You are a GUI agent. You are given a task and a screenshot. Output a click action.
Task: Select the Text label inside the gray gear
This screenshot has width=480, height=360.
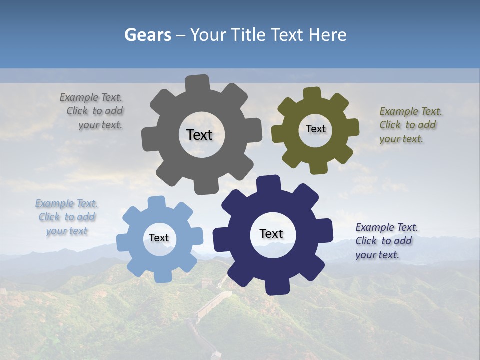pos(199,135)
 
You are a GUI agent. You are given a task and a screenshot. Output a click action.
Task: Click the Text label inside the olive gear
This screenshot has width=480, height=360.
pos(315,129)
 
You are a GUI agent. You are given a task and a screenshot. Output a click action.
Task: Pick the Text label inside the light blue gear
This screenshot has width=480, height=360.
pos(159,238)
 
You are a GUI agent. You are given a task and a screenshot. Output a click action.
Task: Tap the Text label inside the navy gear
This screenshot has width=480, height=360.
pos(271,233)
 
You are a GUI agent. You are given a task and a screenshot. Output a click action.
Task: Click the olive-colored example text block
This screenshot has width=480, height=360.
pos(409,125)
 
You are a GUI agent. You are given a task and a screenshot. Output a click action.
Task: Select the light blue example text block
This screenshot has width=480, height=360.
pos(66,217)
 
